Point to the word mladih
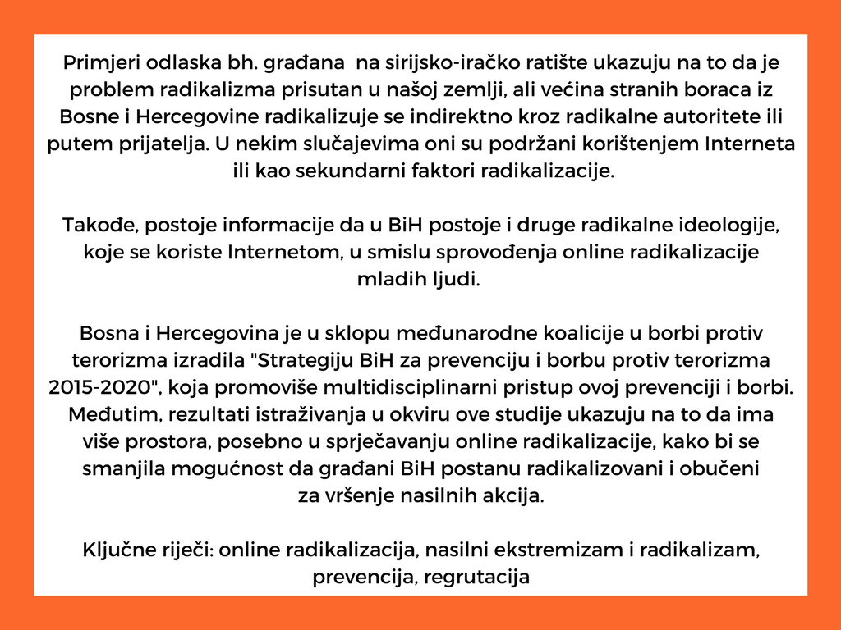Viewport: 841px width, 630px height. click(388, 279)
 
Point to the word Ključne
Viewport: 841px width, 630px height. click(115, 550)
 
